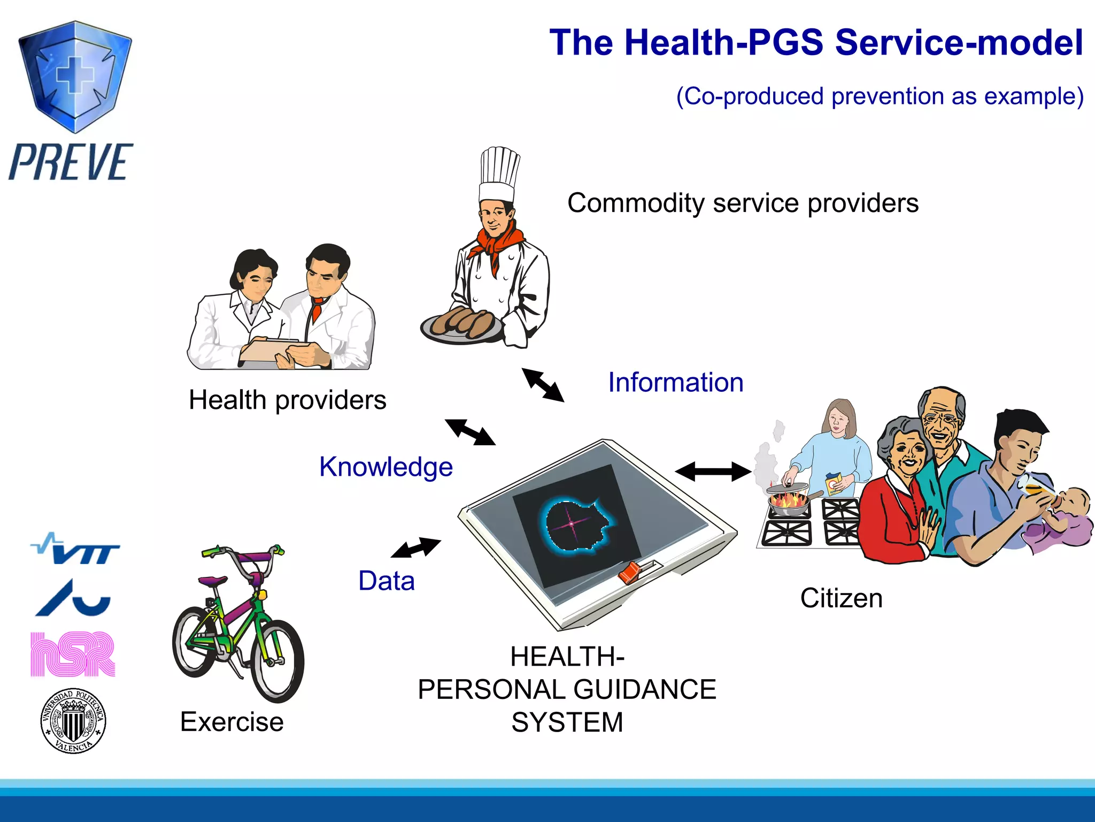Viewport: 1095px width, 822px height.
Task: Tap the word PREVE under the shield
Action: (71, 162)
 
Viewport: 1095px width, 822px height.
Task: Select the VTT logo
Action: (76, 549)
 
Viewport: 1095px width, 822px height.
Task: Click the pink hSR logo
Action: (73, 654)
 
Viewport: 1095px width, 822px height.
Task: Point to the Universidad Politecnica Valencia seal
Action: (73, 721)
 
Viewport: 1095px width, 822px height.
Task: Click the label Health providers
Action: (287, 400)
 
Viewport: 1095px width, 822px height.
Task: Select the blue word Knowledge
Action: (385, 467)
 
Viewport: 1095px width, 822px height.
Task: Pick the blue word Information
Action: (675, 383)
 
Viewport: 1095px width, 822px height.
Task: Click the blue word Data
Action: (386, 581)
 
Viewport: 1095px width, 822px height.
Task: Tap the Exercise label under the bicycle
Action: (232, 722)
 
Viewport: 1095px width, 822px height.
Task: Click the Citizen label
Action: (841, 598)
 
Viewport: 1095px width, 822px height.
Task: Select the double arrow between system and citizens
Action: (713, 471)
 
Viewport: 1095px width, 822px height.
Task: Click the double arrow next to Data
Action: (416, 547)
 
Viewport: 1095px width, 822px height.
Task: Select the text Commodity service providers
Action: (743, 203)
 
